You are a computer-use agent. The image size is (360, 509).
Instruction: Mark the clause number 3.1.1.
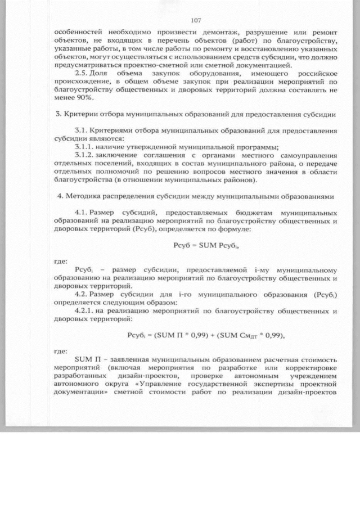click(85, 147)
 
